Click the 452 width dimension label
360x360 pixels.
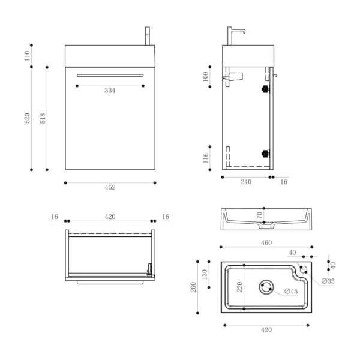point(110,187)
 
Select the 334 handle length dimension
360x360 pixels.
point(110,91)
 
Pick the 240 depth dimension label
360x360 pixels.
point(246,182)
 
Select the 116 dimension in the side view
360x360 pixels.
point(205,158)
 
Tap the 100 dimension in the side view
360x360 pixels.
point(205,76)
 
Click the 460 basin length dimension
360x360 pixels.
point(266,243)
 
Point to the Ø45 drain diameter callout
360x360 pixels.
point(290,292)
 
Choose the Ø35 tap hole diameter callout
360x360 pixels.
point(328,281)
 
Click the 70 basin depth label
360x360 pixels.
point(259,215)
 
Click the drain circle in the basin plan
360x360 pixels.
point(265,287)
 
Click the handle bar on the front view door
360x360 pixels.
point(110,75)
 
